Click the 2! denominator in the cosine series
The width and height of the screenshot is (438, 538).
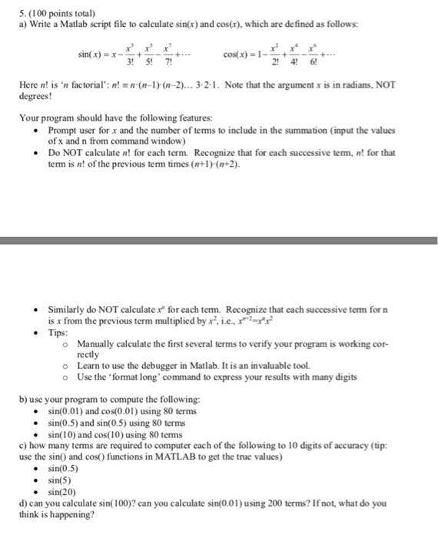tap(290, 62)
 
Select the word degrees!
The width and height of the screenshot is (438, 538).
tap(37, 97)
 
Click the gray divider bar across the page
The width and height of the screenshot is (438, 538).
tap(219, 240)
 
